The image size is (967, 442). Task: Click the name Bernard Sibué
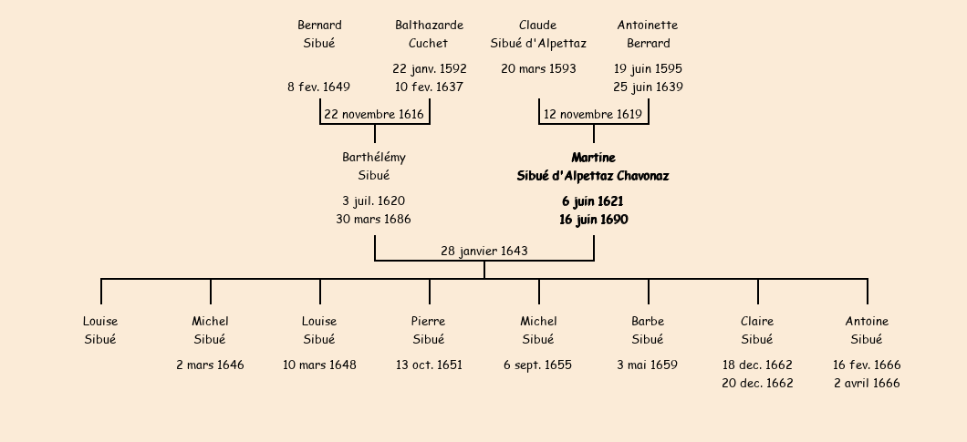point(319,34)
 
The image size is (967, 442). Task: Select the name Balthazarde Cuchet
point(429,34)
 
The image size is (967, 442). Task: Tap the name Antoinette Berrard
point(648,34)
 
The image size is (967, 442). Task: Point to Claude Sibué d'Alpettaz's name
point(538,34)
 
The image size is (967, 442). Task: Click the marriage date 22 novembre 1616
point(374,115)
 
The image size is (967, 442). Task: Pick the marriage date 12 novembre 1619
point(593,115)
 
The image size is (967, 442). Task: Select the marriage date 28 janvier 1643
point(483,251)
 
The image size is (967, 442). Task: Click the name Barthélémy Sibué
point(374,167)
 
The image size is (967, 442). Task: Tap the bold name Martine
point(593,158)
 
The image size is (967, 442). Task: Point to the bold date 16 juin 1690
point(593,220)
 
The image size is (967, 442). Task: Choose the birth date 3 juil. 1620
point(374,200)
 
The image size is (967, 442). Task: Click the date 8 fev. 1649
point(318,87)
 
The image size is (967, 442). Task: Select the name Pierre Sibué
point(429,330)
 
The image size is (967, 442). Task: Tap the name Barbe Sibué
point(648,330)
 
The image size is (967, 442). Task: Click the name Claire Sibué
point(757,330)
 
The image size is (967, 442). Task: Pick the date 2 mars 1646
point(210,365)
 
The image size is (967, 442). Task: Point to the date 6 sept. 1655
point(538,365)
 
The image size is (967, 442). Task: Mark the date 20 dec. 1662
point(757,384)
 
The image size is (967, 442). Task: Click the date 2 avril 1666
point(867,384)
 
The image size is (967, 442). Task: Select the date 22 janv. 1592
point(429,69)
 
